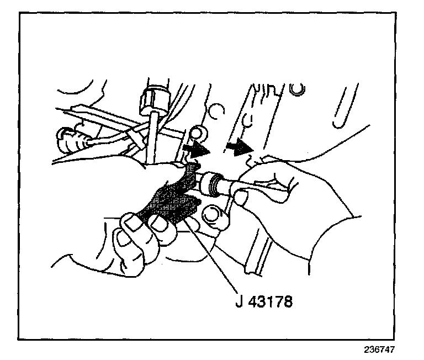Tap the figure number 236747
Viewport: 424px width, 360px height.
pos(379,350)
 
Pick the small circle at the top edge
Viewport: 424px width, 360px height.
pos(299,89)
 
